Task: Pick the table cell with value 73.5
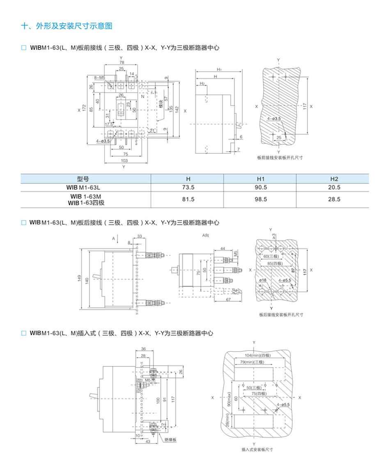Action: coord(188,187)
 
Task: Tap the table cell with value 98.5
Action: coord(260,199)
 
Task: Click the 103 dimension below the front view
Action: coord(124,161)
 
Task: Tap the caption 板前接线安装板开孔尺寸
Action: coord(280,157)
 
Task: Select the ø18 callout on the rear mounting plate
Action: coord(263,280)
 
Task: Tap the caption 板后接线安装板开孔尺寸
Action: coord(281,315)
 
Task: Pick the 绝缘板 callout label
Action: coord(170,440)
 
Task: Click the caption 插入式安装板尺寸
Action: coord(257,450)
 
